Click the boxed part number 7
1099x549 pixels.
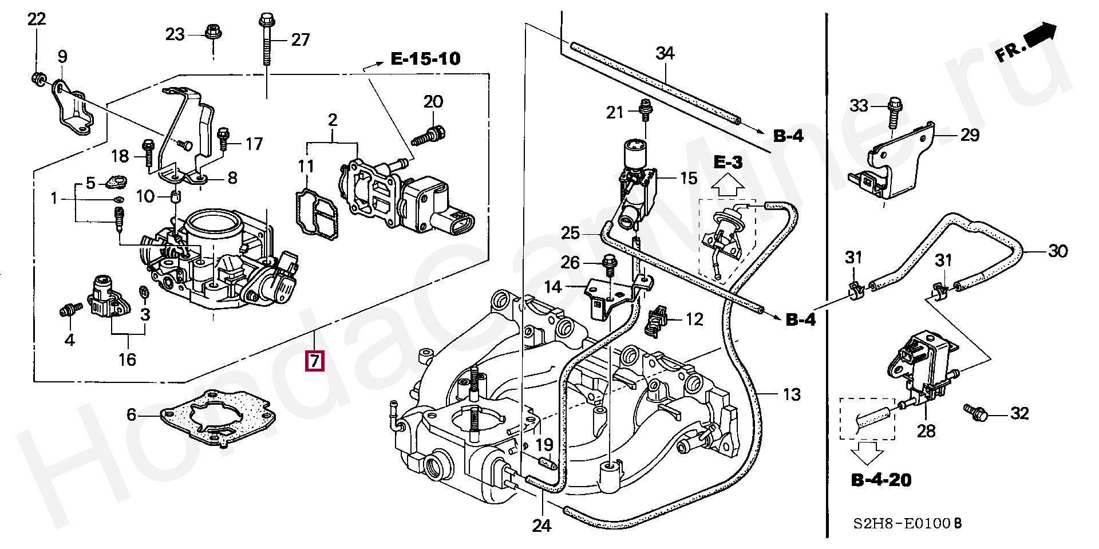[315, 361]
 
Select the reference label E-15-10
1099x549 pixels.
[425, 58]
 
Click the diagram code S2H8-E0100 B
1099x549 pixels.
[907, 523]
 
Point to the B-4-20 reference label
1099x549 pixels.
[881, 480]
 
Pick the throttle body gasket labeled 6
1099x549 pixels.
[218, 419]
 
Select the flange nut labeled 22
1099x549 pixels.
[38, 78]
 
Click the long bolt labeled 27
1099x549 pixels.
[266, 39]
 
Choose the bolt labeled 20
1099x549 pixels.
[427, 136]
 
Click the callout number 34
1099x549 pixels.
[665, 53]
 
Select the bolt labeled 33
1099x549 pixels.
[894, 113]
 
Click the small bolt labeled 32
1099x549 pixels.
[975, 411]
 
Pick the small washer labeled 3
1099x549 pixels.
[144, 294]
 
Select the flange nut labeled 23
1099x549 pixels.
[213, 32]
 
